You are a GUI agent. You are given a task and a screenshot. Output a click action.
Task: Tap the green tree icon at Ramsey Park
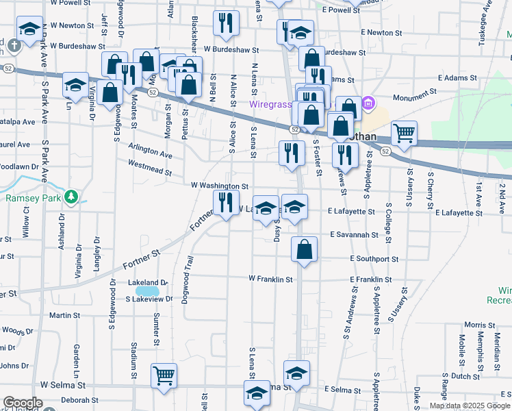(x=71, y=198)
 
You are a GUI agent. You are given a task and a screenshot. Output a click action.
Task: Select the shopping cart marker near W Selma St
(x=164, y=375)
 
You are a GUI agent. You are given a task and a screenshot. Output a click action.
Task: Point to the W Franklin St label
(x=270, y=279)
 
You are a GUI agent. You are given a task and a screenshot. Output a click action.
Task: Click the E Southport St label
(x=374, y=259)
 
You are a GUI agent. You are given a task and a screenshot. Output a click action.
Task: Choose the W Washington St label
(x=219, y=186)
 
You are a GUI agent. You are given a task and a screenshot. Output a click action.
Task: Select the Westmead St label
(x=149, y=165)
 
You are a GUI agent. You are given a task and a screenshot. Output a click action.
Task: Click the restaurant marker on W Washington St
(x=224, y=202)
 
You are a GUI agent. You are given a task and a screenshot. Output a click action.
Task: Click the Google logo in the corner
(x=23, y=403)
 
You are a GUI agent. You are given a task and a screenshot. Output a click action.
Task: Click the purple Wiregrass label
(x=269, y=105)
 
